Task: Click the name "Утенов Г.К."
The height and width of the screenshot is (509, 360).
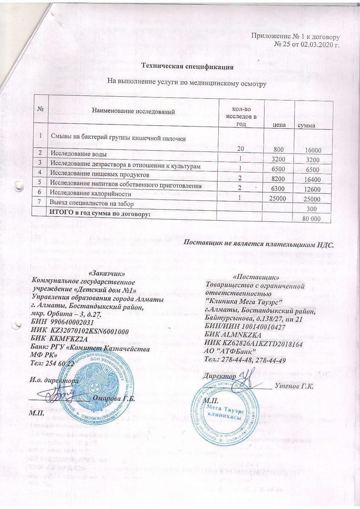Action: pyautogui.click(x=294, y=386)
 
